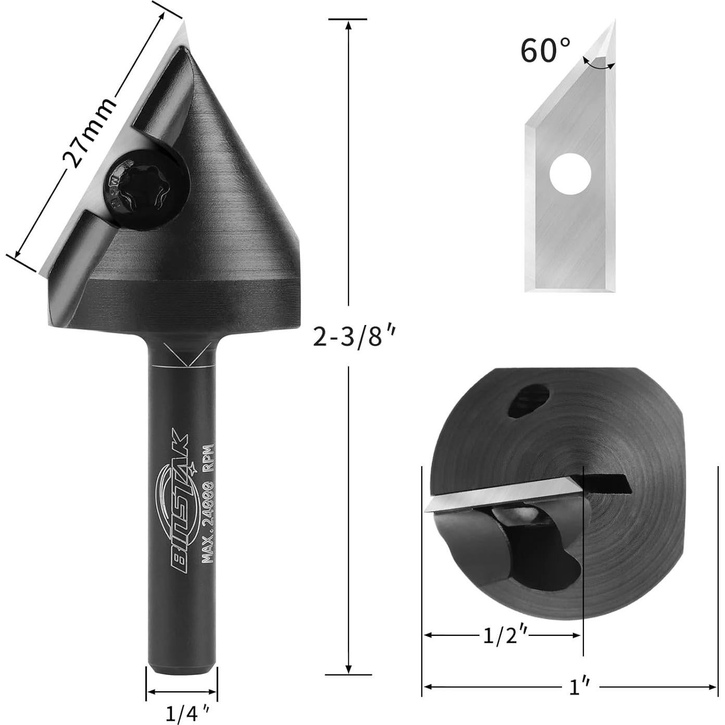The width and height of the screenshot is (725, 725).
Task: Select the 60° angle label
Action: [545, 51]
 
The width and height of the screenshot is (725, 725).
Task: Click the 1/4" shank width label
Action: [182, 713]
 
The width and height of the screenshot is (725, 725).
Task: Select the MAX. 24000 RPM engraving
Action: [208, 504]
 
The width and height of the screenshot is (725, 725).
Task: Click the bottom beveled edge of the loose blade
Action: [570, 286]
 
